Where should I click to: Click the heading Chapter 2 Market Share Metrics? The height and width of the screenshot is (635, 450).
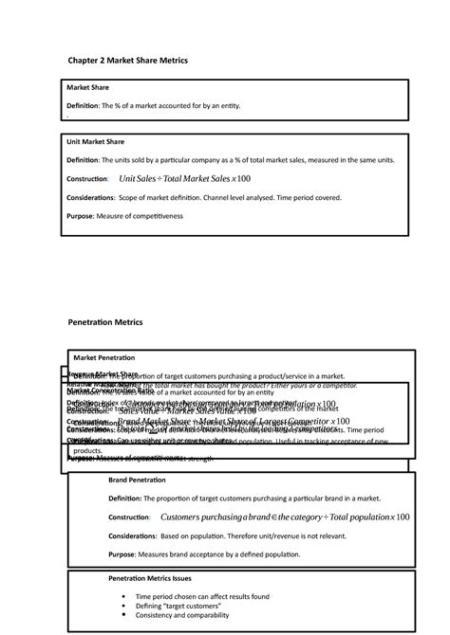(x=128, y=60)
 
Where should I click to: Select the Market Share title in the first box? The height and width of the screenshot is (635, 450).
(x=87, y=87)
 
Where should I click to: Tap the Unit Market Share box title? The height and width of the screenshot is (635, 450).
(x=95, y=141)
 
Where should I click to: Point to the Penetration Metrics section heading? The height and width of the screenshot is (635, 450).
(x=104, y=322)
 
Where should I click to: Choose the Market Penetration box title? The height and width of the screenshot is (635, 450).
(x=103, y=357)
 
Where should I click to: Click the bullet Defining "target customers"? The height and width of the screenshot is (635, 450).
(x=177, y=606)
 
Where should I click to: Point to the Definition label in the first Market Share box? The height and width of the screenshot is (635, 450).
(x=82, y=105)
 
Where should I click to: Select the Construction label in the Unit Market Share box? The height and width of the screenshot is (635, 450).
(x=85, y=179)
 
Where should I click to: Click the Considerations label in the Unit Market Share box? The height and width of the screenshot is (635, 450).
(x=90, y=198)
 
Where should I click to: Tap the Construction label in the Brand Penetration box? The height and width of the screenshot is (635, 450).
(x=129, y=517)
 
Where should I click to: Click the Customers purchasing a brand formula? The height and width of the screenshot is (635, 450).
(x=285, y=517)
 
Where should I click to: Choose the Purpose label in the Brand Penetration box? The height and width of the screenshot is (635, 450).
(x=121, y=553)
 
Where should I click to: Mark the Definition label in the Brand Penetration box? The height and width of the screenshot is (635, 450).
(x=124, y=499)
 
